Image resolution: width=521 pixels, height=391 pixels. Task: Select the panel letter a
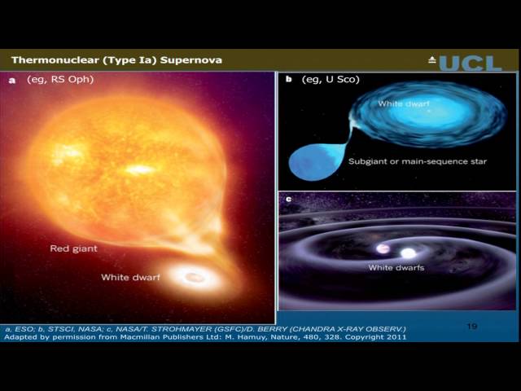[x=12, y=80]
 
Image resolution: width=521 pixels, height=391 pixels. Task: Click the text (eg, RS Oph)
[x=60, y=80]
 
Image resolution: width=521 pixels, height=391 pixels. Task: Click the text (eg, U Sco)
[x=331, y=79]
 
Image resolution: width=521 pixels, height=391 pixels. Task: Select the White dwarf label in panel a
[x=130, y=278]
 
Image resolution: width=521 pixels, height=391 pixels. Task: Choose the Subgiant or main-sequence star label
[x=418, y=161]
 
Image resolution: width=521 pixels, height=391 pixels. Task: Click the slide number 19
[x=472, y=326]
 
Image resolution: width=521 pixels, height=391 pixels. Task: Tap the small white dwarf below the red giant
[x=195, y=278]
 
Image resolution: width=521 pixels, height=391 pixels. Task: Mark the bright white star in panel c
[x=408, y=253]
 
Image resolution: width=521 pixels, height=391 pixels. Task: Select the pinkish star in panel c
[x=381, y=248]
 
